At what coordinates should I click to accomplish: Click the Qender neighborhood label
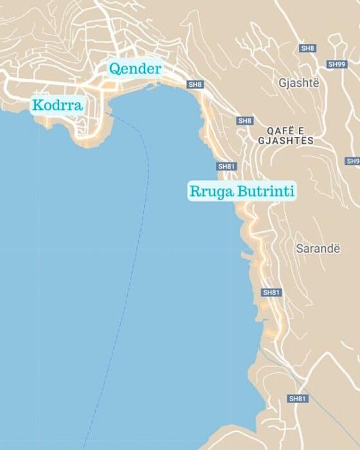point(135,69)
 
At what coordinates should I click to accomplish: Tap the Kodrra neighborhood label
point(57,105)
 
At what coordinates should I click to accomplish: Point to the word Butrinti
point(264,191)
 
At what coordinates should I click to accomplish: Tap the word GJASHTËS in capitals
point(285,140)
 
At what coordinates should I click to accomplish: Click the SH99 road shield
point(336,64)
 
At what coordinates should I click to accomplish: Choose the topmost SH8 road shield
point(308,48)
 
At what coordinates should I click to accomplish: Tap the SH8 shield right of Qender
point(195,84)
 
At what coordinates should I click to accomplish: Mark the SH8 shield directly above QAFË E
point(245,121)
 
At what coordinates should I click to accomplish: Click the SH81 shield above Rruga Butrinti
point(227,166)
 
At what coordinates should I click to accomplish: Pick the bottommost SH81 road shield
point(297,399)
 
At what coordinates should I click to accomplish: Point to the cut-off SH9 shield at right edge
point(353,161)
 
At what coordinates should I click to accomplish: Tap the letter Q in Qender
point(114,69)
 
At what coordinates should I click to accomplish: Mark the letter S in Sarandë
point(299,248)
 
